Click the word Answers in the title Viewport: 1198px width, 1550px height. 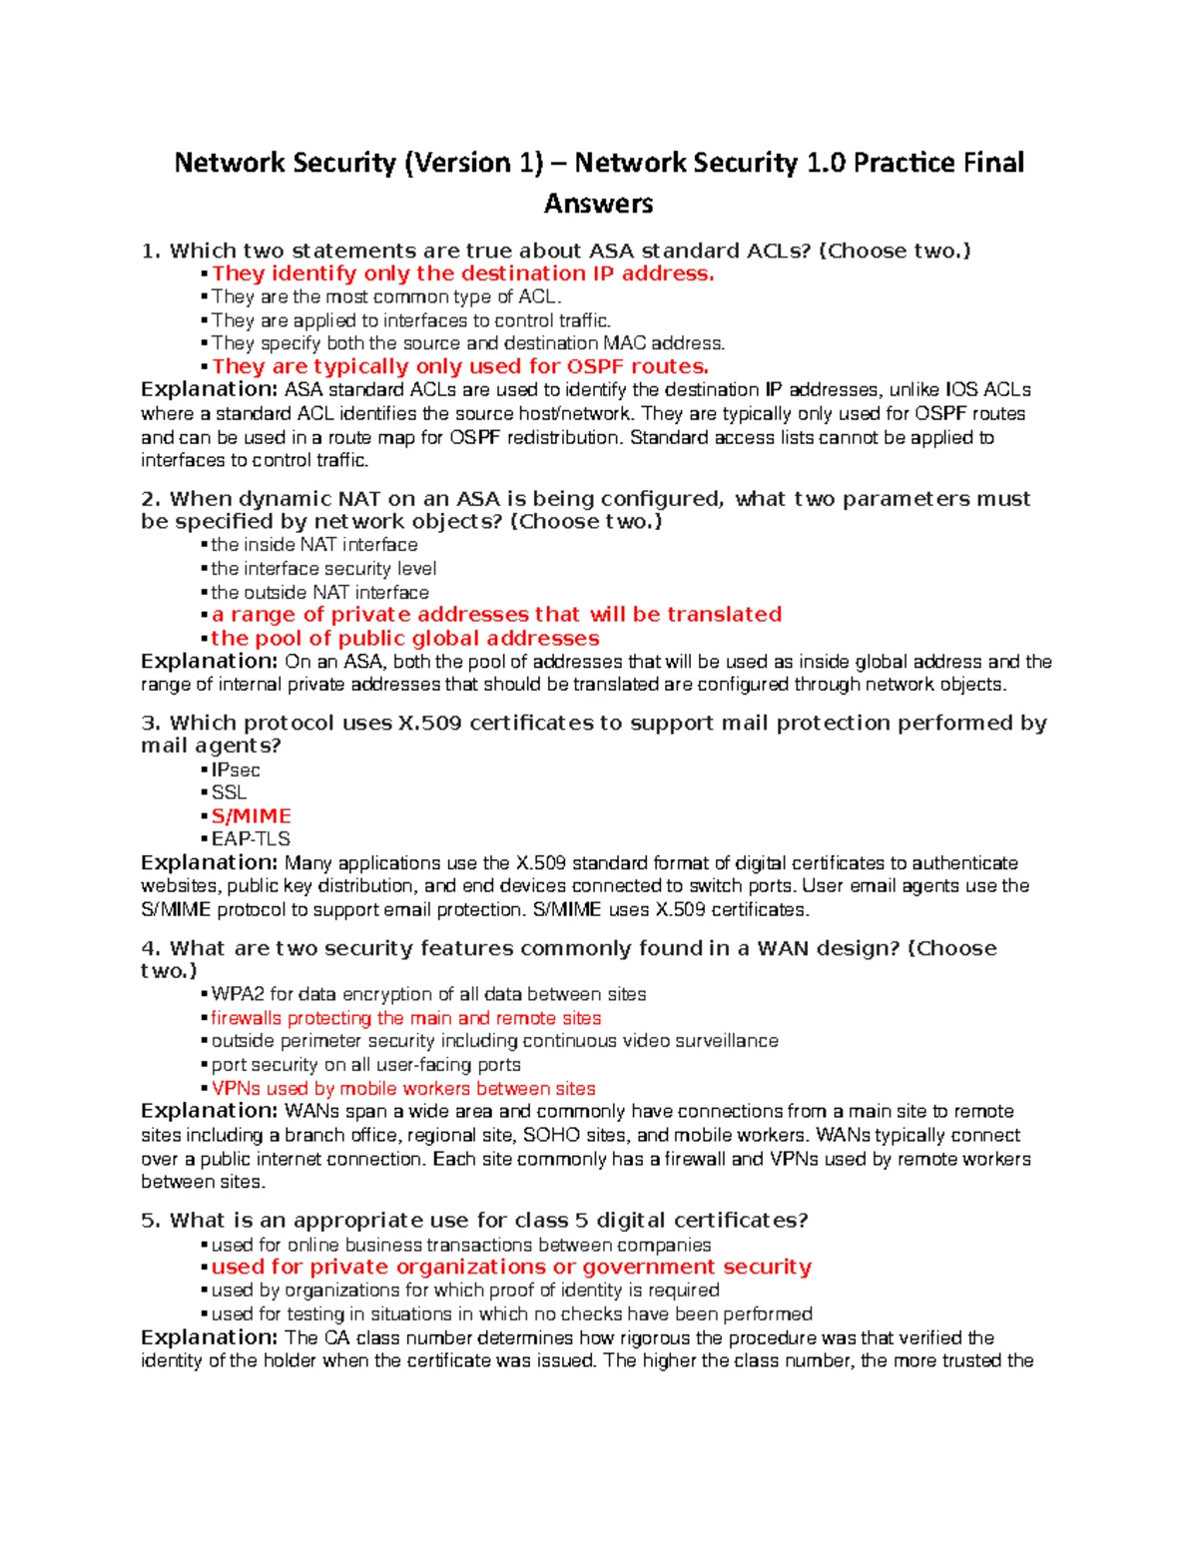[x=598, y=204]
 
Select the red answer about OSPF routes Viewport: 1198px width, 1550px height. [x=460, y=366]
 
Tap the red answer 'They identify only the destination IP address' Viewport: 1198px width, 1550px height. [x=463, y=273]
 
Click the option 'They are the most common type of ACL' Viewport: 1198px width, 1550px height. [x=386, y=296]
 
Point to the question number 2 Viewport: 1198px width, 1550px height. [x=150, y=499]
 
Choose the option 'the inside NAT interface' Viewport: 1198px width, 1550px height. [x=314, y=545]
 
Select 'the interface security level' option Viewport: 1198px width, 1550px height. [x=323, y=569]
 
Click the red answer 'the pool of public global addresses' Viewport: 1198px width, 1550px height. [x=405, y=639]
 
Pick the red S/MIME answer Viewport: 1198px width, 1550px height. [x=251, y=816]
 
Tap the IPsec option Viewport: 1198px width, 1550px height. [x=236, y=771]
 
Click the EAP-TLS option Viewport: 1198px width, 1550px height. [x=251, y=839]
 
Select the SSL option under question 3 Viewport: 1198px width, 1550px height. [x=229, y=792]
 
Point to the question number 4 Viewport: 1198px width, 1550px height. [x=150, y=948]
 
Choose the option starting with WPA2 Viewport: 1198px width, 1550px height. [x=428, y=995]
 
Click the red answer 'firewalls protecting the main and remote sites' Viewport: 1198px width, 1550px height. [x=406, y=1018]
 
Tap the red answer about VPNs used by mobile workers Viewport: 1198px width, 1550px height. [x=403, y=1089]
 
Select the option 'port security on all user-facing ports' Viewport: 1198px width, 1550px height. [x=365, y=1065]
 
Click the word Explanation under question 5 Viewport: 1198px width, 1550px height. [x=209, y=1337]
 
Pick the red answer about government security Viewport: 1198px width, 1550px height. [x=511, y=1267]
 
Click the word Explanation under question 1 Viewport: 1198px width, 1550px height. [x=209, y=389]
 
